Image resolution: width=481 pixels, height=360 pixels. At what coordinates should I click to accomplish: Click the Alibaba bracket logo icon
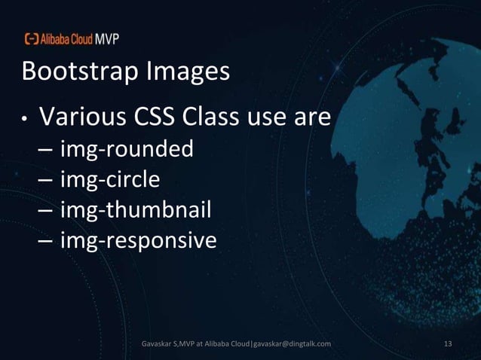coord(32,39)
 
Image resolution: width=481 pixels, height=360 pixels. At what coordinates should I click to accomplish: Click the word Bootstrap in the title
coord(73,73)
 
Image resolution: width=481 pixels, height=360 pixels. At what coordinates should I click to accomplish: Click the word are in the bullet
coord(311,119)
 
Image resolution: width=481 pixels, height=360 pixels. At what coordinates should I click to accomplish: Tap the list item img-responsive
coord(137,242)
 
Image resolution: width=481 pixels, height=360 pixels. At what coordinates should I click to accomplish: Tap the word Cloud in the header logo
coord(80,39)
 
